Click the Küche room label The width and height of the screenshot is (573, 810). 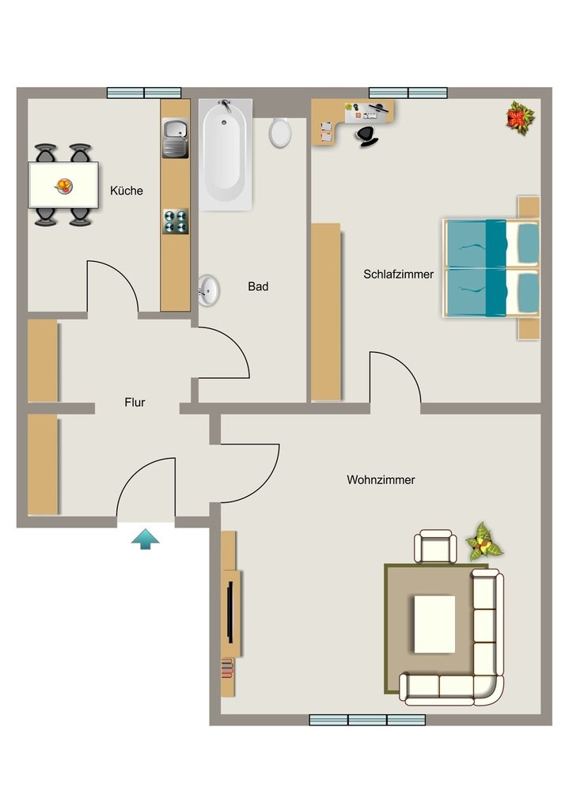pyautogui.click(x=127, y=191)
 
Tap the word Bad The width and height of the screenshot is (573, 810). pyautogui.click(x=258, y=286)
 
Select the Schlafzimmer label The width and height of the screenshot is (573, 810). pyautogui.click(x=398, y=274)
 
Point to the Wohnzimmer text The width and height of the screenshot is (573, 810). pyautogui.click(x=381, y=480)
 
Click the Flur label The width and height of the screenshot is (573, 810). pyautogui.click(x=135, y=403)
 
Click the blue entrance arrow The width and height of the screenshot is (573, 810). pyautogui.click(x=145, y=539)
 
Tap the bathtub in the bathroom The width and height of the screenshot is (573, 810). pyautogui.click(x=226, y=154)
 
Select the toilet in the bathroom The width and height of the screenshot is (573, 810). pyautogui.click(x=280, y=132)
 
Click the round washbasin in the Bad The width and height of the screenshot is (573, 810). pyautogui.click(x=208, y=290)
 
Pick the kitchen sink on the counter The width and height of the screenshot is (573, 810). pyautogui.click(x=175, y=138)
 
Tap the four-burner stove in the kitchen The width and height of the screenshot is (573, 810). pyautogui.click(x=176, y=221)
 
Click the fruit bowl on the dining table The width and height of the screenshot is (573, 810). pyautogui.click(x=64, y=185)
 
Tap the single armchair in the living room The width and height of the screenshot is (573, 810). pyautogui.click(x=435, y=547)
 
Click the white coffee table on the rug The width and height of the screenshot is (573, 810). pyautogui.click(x=434, y=624)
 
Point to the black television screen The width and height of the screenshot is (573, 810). pyautogui.click(x=230, y=612)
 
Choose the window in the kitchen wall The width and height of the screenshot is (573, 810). pyautogui.click(x=144, y=93)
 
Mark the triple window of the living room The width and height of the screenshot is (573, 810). pyautogui.click(x=367, y=720)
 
